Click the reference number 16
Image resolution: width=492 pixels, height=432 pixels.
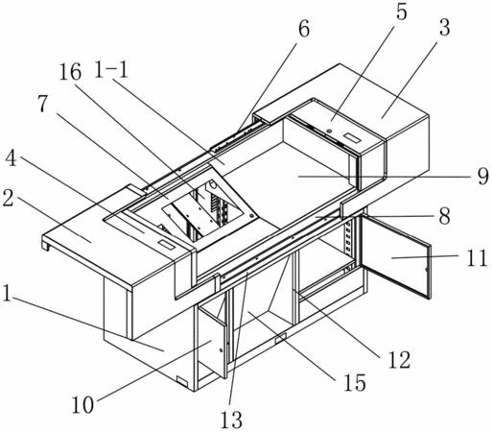70,72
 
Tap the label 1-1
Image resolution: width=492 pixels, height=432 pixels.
111,69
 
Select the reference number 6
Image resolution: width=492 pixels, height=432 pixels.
304,29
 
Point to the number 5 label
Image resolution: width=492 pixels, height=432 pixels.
401,12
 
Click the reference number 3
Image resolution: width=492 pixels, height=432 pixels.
444,27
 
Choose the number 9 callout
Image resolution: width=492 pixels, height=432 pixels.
483,176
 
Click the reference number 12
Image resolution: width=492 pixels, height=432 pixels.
399,359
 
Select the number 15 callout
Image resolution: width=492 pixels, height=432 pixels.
355,382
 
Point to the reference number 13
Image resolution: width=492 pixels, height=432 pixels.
231,420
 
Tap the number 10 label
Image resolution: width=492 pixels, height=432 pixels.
82,405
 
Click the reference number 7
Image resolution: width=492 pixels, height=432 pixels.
44,104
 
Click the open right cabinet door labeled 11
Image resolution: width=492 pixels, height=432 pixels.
396,257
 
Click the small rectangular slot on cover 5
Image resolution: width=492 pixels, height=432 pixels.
352,138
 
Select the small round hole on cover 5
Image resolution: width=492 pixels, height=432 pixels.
328,131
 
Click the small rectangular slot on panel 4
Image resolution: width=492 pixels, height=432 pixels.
167,246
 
